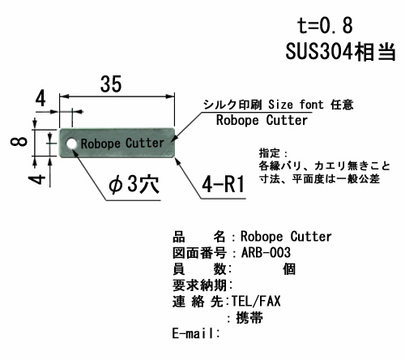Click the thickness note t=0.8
(325, 26)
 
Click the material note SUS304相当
(340, 51)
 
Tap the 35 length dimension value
(111, 84)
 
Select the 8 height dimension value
(19, 141)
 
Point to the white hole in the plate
(72, 144)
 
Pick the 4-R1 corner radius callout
(224, 184)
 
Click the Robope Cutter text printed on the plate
(122, 144)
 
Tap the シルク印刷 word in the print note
(232, 105)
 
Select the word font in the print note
(311, 105)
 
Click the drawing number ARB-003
(266, 253)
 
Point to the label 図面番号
(199, 253)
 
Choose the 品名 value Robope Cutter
(286, 237)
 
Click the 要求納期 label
(200, 285)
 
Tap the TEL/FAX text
(256, 301)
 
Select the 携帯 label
(249, 318)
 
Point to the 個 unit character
(289, 269)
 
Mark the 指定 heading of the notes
(270, 153)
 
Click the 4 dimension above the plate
(40, 99)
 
